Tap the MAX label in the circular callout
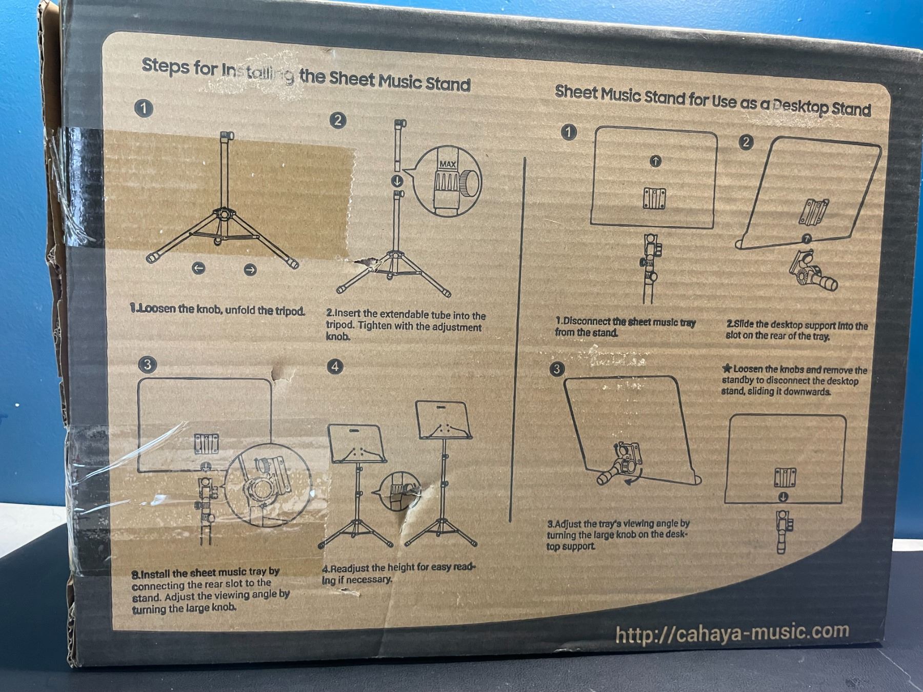point(447,165)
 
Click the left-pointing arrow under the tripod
point(198,268)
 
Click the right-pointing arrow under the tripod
point(250,270)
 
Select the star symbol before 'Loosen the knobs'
point(727,368)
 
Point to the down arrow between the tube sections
point(397,181)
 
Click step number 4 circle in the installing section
point(335,366)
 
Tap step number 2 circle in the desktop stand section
point(746,142)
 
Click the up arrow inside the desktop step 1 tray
point(655,161)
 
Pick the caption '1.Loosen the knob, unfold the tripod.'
point(217,310)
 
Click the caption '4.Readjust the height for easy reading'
point(398,574)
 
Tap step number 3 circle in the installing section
point(147,364)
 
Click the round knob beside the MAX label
point(469,181)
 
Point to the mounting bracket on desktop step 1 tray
point(654,198)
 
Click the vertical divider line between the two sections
point(517,339)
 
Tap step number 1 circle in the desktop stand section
point(568,132)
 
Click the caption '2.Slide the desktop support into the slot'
point(796,331)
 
